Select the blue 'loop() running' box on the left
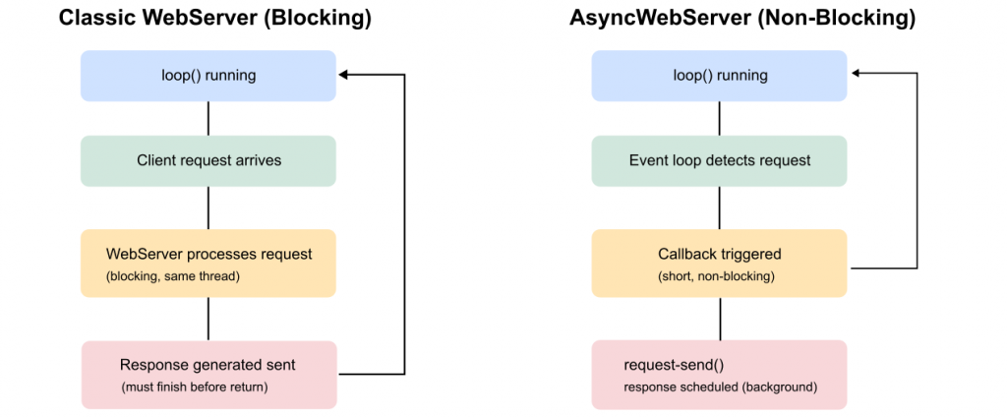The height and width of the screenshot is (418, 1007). coord(207,75)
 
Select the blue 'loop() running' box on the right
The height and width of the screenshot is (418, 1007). coord(719,75)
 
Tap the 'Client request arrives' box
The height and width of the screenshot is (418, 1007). coord(207,160)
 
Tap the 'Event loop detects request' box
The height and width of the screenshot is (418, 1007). coord(719,160)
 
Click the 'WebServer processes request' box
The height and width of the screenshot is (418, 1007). coord(207,263)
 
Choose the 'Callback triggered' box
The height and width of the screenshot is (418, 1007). coord(719,263)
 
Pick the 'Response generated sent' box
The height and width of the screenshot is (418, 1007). coord(207,374)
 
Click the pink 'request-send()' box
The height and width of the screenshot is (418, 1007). coord(719,374)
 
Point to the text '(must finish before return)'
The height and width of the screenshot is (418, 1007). coord(194,387)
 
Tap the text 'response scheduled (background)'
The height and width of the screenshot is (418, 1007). coord(720,387)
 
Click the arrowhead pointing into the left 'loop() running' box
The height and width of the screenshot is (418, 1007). coord(344,74)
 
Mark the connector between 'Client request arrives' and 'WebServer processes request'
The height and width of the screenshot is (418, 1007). coord(207,208)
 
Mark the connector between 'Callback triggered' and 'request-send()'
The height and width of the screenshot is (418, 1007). coord(719,318)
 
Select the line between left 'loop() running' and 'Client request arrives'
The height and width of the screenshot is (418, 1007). coord(207,117)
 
